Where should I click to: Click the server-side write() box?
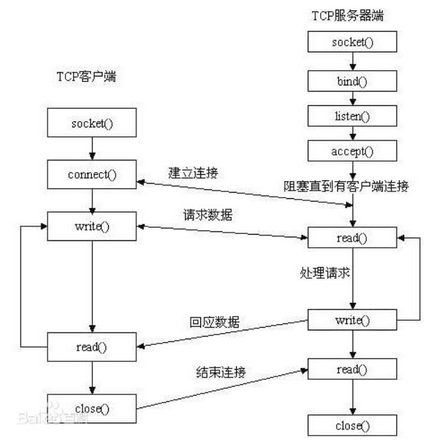pos(352,320)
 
